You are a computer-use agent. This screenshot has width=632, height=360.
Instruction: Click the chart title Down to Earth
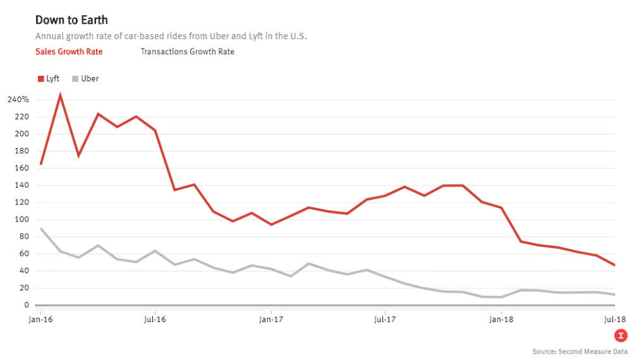point(71,20)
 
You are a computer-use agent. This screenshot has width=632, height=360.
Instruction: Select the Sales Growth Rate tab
point(69,52)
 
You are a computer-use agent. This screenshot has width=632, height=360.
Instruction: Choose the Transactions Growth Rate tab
point(187,52)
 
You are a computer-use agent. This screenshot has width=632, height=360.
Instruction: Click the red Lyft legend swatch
point(41,79)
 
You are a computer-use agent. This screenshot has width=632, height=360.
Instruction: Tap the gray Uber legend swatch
point(75,79)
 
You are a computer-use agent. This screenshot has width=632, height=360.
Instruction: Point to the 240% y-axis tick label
point(18,100)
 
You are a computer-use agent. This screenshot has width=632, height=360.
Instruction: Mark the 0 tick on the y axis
point(26,305)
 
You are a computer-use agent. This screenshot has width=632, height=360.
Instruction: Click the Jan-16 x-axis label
point(41,320)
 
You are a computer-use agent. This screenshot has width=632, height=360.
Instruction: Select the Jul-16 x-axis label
point(155,320)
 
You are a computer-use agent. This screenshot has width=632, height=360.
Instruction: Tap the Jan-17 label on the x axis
point(270,320)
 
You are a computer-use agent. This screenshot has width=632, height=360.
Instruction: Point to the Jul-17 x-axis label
point(385,320)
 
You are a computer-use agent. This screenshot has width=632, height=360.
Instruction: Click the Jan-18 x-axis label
point(501,320)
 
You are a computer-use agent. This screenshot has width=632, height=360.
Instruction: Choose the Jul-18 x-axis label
point(614,320)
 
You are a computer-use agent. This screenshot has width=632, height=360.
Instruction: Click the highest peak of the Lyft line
point(60,95)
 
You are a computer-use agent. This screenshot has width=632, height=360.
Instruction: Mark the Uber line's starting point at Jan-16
point(41,229)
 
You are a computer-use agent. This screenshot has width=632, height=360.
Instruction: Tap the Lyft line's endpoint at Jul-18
point(614,265)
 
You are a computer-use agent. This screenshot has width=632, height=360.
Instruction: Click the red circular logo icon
point(622,336)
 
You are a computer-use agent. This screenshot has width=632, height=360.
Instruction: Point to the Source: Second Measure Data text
point(580,351)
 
